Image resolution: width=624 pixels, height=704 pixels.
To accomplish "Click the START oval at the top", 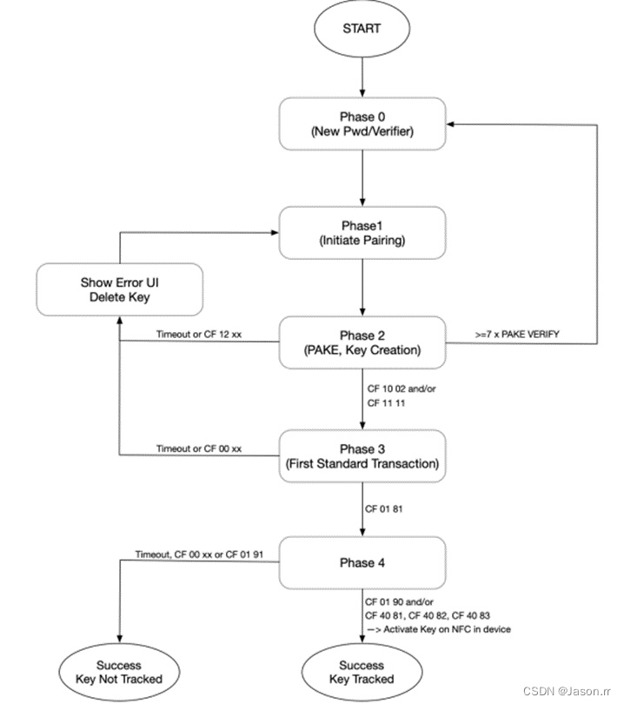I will tap(362, 28).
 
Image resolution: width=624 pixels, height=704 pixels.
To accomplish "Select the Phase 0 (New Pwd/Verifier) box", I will tap(362, 124).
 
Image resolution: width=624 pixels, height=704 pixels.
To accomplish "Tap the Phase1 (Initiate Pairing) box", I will tap(362, 232).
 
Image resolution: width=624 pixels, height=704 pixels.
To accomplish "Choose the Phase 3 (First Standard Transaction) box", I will tap(362, 455).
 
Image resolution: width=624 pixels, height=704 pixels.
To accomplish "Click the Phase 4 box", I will tap(362, 562).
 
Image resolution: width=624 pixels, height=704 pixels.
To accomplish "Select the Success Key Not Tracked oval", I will tap(119, 671).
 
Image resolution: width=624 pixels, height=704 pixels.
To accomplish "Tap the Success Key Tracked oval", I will tap(362, 671).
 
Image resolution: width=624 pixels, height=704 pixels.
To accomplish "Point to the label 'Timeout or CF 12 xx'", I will tap(199, 335).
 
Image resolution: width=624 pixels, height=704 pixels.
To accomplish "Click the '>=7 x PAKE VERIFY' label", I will tap(496, 335).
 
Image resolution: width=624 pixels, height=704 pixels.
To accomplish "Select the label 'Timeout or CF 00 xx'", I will tap(199, 448).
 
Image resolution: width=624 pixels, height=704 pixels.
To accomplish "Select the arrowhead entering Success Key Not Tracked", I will tap(119, 639).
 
